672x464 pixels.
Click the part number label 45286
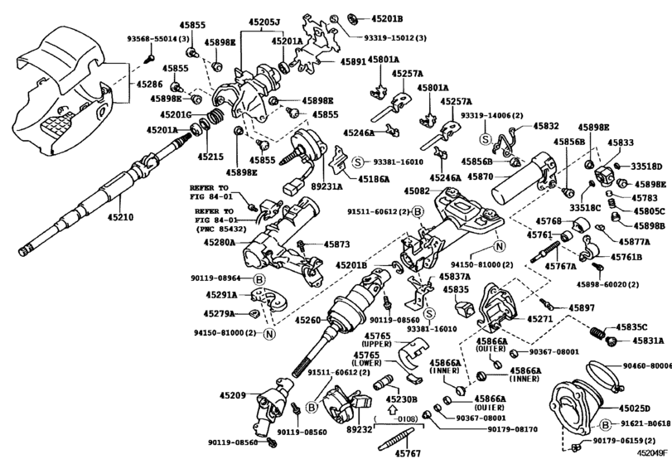point(150,84)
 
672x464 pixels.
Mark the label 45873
point(336,244)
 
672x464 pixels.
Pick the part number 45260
point(309,320)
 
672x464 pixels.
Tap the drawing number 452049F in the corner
point(651,453)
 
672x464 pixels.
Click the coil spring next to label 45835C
point(595,333)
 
